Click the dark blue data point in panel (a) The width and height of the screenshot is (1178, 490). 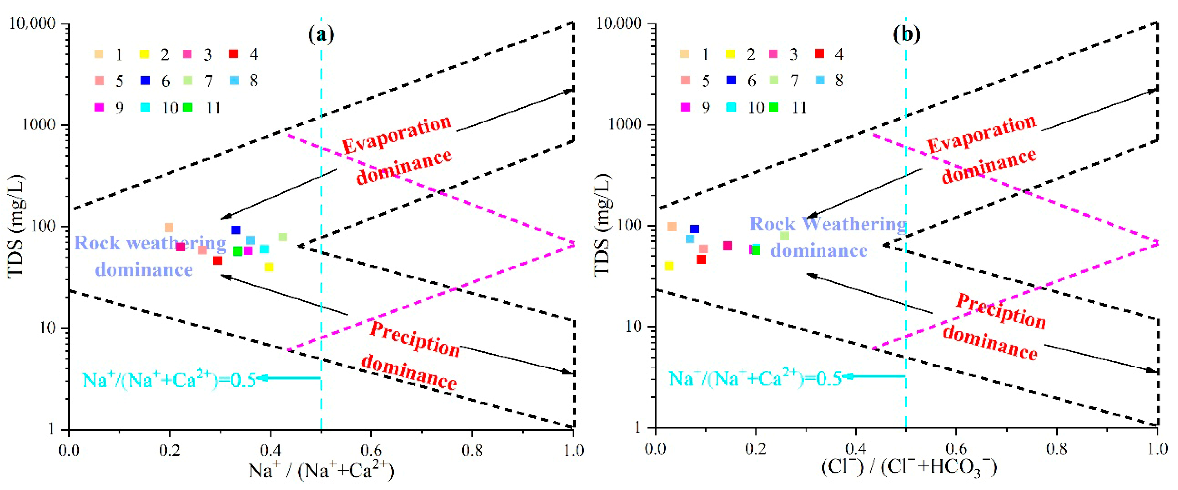click(x=236, y=230)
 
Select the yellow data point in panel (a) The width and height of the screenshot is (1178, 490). click(x=269, y=267)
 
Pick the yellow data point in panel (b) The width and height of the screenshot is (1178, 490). click(x=669, y=266)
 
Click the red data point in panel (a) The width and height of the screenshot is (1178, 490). click(x=218, y=260)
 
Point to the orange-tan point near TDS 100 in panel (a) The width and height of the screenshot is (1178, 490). click(x=169, y=227)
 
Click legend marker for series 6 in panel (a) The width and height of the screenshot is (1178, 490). click(x=145, y=81)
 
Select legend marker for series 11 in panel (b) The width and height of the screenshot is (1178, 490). click(x=773, y=107)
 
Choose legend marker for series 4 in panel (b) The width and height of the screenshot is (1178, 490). click(x=819, y=54)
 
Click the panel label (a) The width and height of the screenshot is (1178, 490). click(x=321, y=34)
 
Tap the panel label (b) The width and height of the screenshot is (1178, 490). click(x=906, y=34)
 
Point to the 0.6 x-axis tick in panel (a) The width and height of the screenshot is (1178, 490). click(x=371, y=451)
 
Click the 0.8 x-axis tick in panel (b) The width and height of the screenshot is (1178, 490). click(x=1057, y=449)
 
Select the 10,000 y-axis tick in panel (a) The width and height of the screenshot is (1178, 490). click(x=32, y=23)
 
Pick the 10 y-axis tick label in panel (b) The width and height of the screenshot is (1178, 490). click(x=633, y=327)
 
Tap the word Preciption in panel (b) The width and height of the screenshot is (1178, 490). click(x=1001, y=311)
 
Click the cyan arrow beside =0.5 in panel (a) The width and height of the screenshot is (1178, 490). click(x=288, y=378)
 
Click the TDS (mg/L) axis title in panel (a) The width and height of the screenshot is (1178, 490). click(x=16, y=226)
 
